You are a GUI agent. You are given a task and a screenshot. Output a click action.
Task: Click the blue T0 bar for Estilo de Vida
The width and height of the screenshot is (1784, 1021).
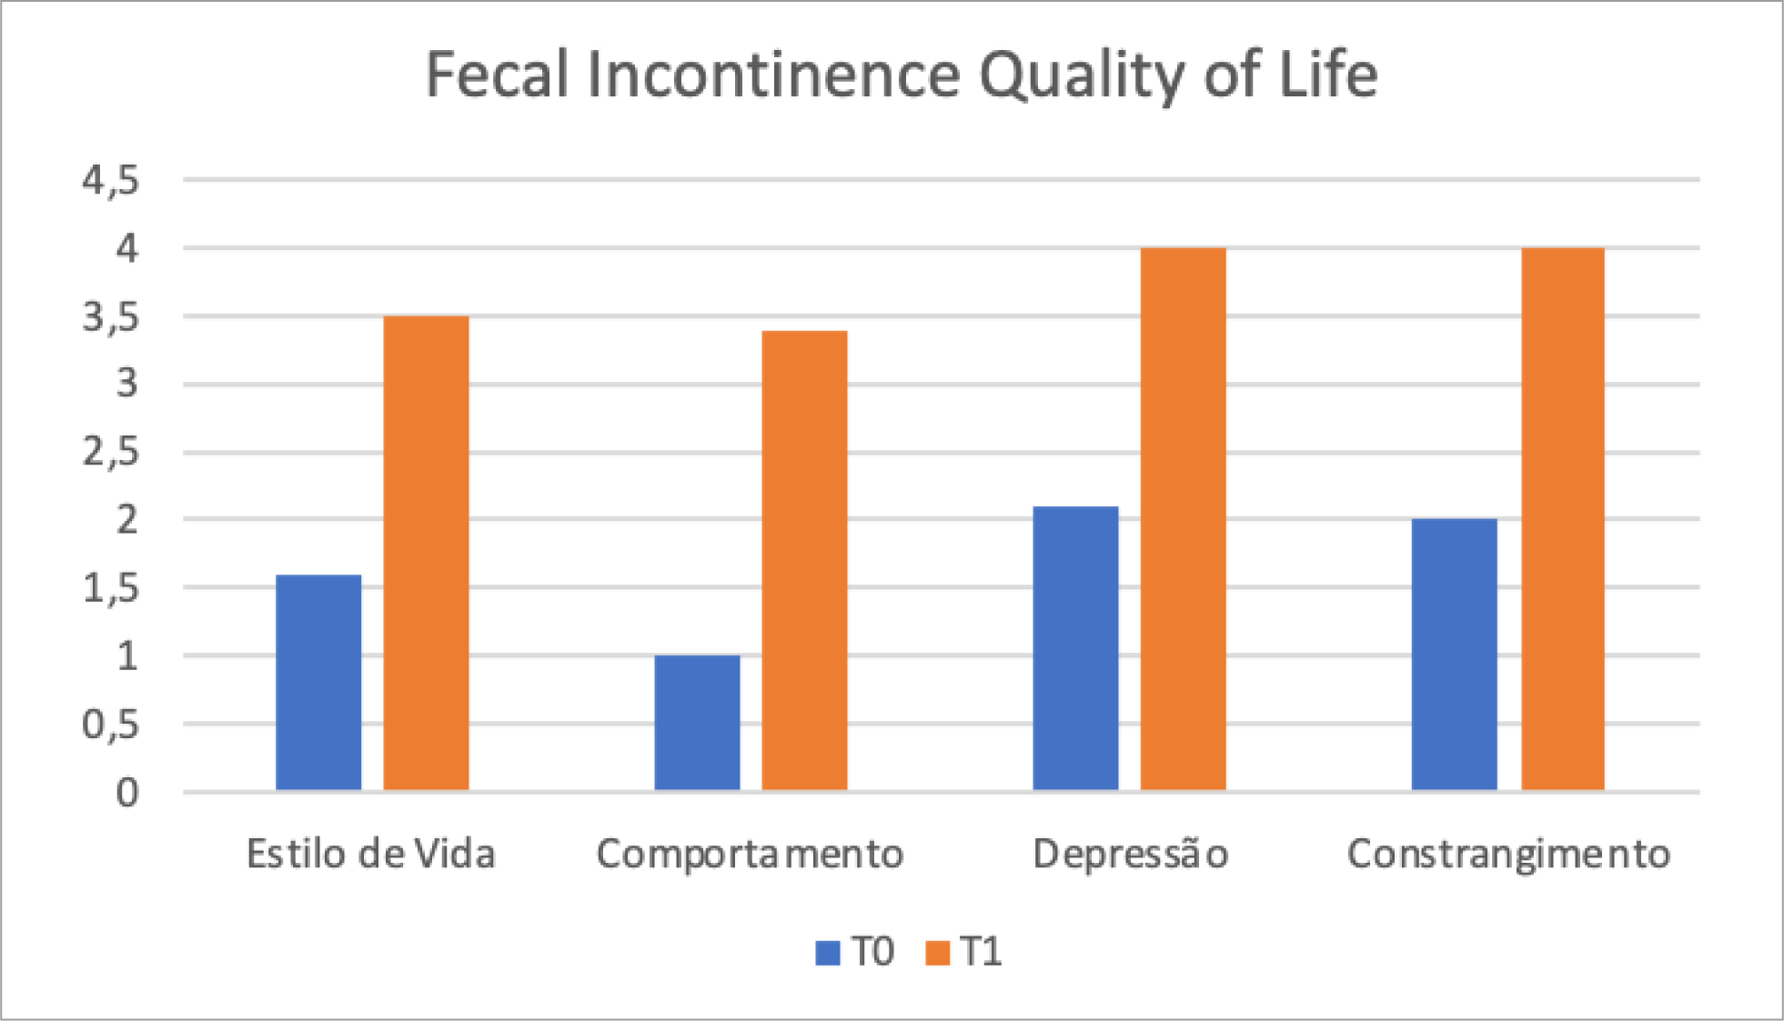click(318, 682)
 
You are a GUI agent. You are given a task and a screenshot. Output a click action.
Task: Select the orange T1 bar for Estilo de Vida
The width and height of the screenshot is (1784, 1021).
click(426, 553)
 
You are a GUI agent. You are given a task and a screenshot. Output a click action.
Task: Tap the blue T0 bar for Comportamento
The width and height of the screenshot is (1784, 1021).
click(697, 722)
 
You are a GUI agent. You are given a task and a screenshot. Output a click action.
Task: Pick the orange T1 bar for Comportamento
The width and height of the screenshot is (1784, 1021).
click(804, 560)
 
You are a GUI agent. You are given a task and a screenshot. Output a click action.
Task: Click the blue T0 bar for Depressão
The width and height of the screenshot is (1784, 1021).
click(1075, 647)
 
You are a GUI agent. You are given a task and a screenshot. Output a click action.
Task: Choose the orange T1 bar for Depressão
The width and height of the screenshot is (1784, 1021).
click(1183, 518)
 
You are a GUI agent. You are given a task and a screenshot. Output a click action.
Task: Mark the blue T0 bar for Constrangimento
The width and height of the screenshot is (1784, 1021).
click(1454, 654)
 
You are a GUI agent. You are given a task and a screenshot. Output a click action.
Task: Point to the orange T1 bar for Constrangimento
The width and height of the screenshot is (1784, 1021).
click(1562, 518)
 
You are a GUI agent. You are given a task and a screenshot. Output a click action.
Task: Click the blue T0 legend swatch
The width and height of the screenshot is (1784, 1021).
click(828, 953)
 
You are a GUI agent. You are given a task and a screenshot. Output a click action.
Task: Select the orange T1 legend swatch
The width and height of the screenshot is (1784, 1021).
click(937, 953)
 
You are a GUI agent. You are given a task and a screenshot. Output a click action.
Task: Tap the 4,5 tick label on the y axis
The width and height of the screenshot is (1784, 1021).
click(111, 181)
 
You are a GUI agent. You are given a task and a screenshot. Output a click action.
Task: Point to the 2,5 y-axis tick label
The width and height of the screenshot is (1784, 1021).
click(111, 452)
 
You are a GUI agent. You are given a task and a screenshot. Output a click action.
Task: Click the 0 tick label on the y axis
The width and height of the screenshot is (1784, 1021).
click(127, 793)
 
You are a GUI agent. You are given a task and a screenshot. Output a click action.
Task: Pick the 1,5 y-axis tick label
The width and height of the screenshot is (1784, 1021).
click(111, 588)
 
